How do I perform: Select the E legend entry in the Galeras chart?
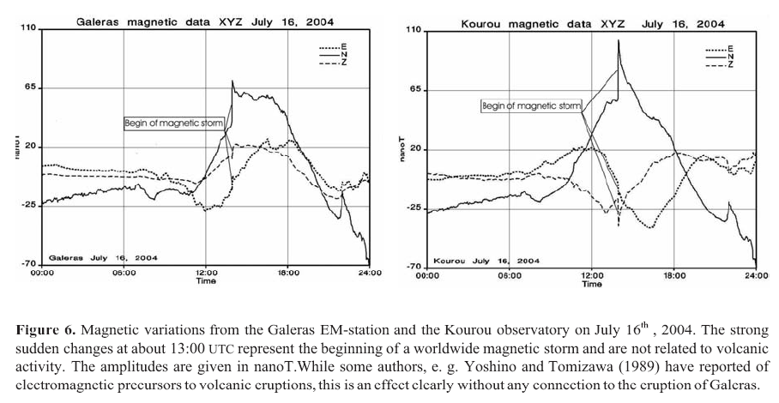tap(338, 48)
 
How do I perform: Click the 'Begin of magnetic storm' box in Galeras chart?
tap(174, 123)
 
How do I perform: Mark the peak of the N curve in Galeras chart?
tap(232, 81)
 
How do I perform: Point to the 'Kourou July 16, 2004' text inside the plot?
tap(486, 260)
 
